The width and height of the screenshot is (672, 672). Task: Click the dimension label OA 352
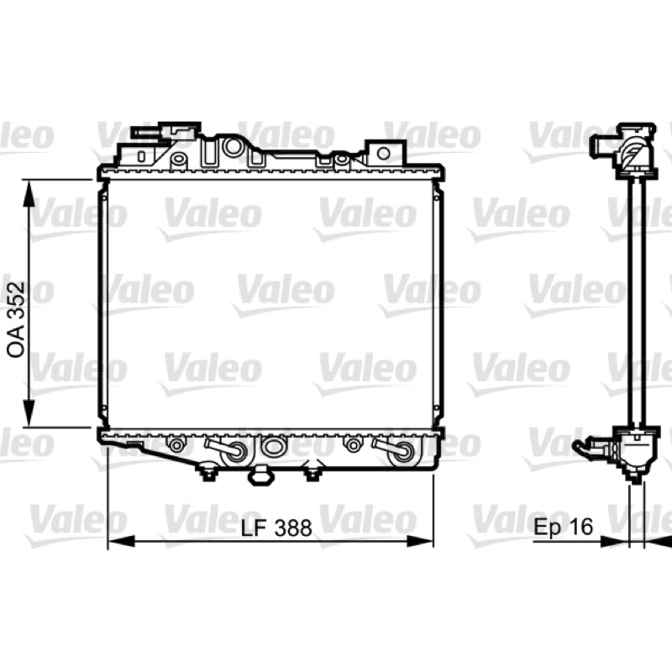pos(16,319)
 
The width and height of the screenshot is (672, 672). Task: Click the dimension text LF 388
pos(276,528)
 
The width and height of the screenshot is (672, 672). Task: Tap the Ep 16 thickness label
pos(563,526)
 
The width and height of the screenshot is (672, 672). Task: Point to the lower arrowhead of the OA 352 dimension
pos(29,412)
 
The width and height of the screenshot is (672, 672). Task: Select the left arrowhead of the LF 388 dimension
pos(121,541)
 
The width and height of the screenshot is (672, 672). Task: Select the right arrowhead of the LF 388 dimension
pos(419,541)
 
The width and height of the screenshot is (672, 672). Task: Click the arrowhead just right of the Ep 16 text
pos(615,542)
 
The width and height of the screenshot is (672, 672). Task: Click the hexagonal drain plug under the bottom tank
pos(261,476)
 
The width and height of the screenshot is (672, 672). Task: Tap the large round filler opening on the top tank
pos(234,146)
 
